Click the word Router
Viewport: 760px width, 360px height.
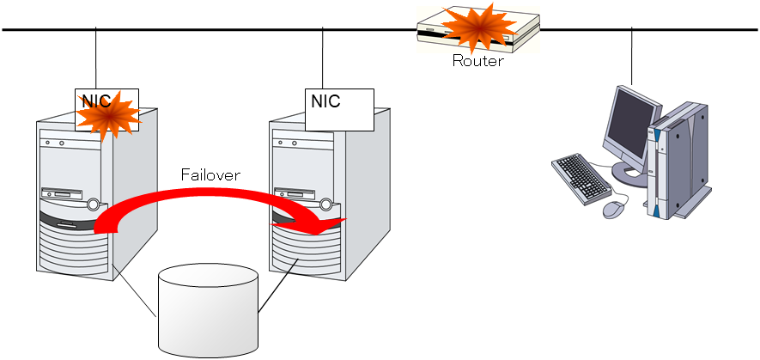(477, 61)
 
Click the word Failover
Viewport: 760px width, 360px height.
(210, 174)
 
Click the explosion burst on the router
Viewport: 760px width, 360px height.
(471, 26)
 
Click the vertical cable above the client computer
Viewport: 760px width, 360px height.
(632, 56)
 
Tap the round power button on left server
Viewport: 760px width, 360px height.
(92, 204)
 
